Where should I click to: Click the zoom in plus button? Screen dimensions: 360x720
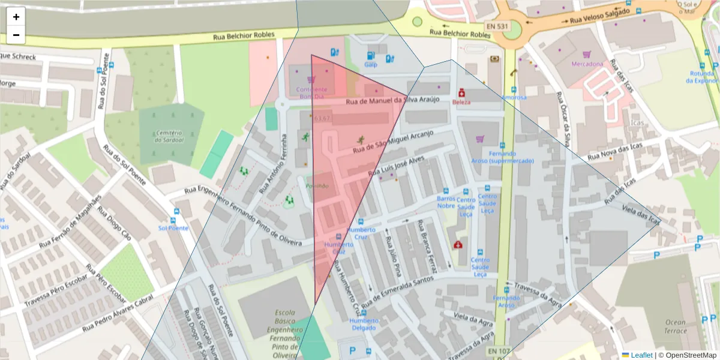coord(16,17)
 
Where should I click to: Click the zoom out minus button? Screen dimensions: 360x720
coord(16,35)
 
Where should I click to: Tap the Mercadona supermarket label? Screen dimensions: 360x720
coord(587,64)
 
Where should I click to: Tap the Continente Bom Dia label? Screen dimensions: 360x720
coord(311,93)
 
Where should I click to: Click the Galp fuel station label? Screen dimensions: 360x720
coord(371,64)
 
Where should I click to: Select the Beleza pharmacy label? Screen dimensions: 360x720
coord(461,102)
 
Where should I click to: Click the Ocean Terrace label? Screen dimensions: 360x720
coord(675,326)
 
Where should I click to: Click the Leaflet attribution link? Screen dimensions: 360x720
coord(641,355)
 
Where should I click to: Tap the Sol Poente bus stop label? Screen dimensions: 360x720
coord(173,228)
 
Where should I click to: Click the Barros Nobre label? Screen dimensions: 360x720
coord(446,202)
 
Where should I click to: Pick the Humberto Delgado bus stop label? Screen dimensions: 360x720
coord(364,324)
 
